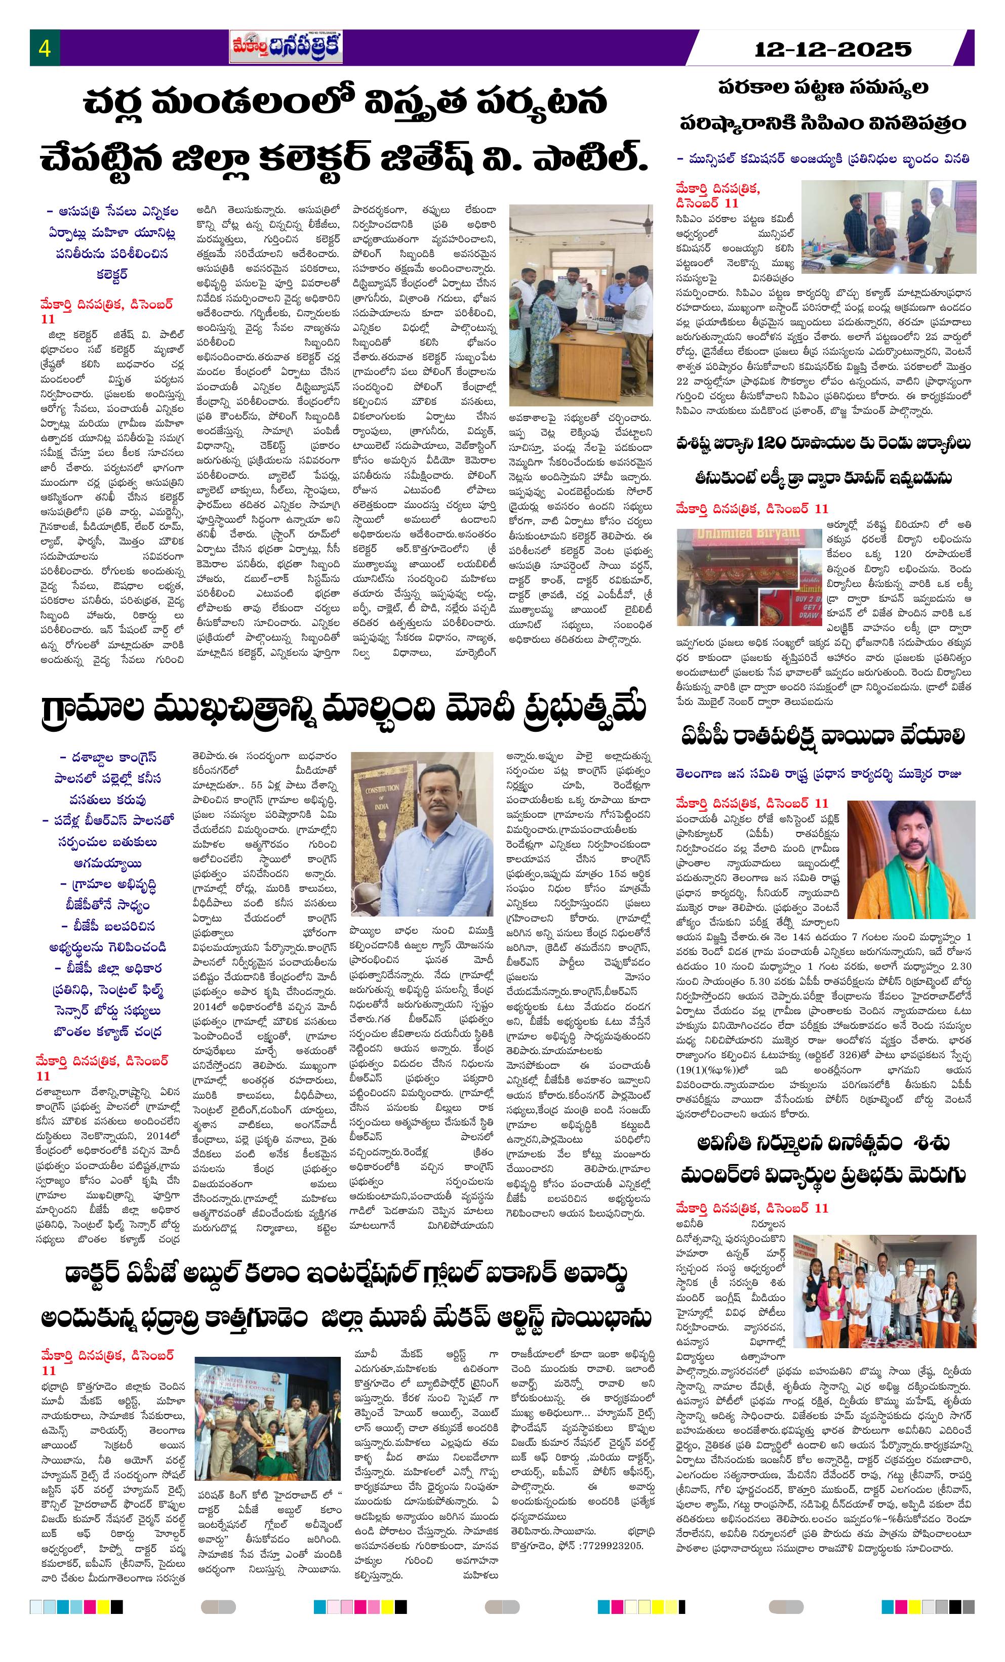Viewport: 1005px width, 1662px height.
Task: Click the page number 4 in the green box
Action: point(45,49)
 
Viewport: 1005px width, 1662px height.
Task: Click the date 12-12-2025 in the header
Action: point(832,49)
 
